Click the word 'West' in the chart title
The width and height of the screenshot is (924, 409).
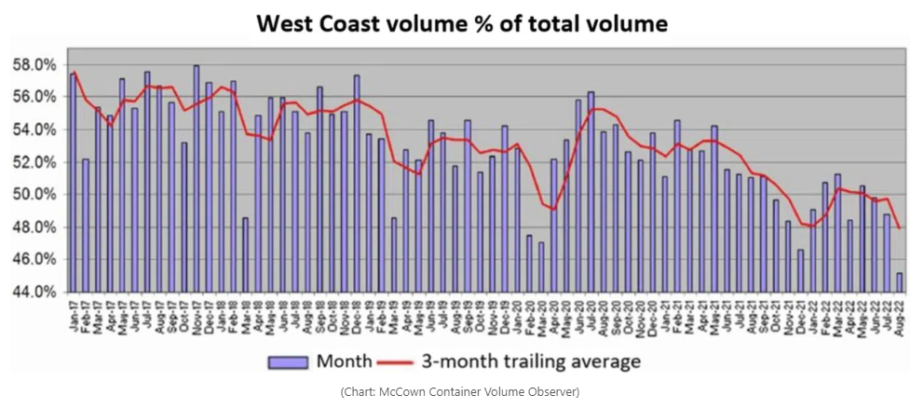(287, 23)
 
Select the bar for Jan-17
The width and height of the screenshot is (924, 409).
(74, 182)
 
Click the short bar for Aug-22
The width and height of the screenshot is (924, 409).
(899, 282)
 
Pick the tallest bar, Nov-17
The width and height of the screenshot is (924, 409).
(197, 178)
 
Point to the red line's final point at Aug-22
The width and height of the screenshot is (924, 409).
(900, 227)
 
